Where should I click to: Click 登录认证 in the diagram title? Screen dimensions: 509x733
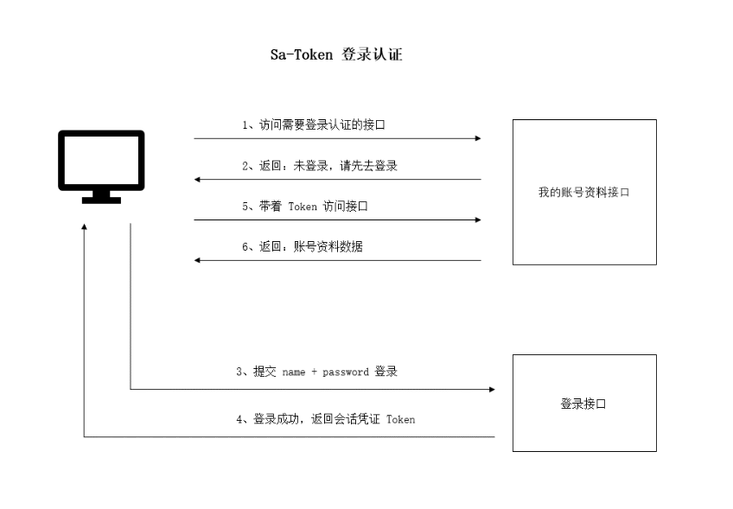click(x=373, y=55)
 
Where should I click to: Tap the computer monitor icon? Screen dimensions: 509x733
click(x=101, y=161)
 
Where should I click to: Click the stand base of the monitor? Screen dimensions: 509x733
click(x=101, y=200)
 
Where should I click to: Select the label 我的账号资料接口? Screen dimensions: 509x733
click(x=583, y=193)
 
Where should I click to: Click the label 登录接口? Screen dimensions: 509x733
click(x=583, y=404)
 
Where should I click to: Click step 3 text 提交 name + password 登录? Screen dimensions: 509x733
click(x=316, y=372)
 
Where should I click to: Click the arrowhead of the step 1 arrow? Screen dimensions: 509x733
click(x=477, y=138)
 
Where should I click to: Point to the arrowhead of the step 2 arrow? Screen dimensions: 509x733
click(x=198, y=180)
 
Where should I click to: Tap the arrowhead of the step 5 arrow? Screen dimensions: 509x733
click(x=477, y=220)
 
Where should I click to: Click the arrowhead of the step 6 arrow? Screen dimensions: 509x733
click(x=198, y=260)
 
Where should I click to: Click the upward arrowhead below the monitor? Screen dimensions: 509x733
click(x=84, y=226)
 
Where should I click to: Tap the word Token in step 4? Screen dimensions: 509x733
click(x=400, y=420)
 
